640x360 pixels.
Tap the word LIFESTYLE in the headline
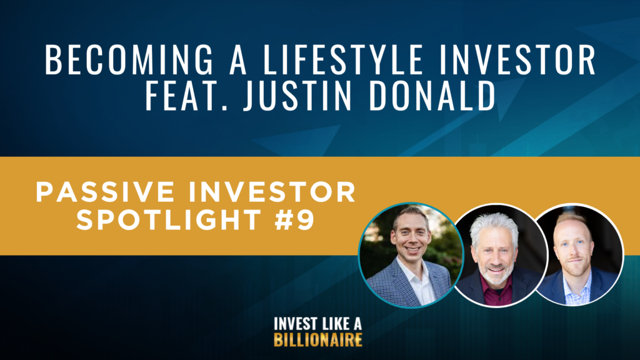[x=343, y=59]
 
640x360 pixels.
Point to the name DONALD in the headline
[x=432, y=96]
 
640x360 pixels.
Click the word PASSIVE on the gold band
[x=105, y=192]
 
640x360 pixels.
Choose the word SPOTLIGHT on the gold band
[x=169, y=219]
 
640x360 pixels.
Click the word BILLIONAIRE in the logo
[x=318, y=340]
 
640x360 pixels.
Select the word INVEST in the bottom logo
[x=294, y=324]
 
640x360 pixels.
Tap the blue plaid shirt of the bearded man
[x=576, y=290]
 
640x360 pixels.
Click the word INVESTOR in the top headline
[x=518, y=59]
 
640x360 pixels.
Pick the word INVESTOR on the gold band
[x=272, y=192]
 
